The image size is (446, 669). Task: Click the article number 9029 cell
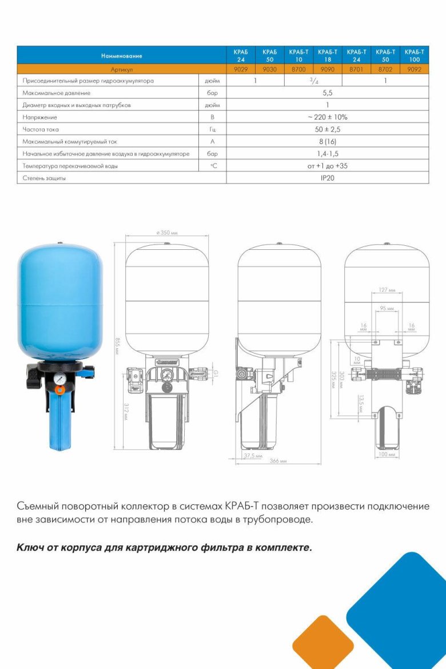click(241, 69)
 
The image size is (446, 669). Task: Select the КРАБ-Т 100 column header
click(415, 55)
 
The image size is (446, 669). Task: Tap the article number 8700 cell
click(298, 69)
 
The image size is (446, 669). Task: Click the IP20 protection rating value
click(327, 178)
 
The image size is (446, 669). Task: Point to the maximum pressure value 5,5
click(327, 92)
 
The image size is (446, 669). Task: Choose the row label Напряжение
click(39, 117)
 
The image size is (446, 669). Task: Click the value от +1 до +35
click(327, 166)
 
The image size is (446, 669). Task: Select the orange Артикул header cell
click(121, 69)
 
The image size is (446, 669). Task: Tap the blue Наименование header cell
click(121, 55)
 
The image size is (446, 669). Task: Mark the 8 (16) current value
click(327, 141)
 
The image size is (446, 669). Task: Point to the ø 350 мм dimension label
click(166, 233)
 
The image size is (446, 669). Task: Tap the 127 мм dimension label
click(387, 290)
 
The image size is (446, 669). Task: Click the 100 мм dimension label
click(387, 455)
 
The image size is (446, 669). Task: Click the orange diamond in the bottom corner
click(323, 641)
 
